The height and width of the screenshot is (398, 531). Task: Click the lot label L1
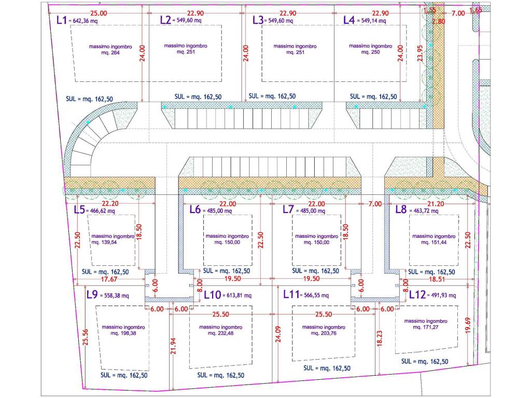[x=61, y=20]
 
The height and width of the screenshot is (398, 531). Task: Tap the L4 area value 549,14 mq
[x=373, y=21]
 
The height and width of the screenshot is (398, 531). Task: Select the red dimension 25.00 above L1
[x=99, y=13]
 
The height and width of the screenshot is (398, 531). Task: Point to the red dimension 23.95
[x=420, y=53]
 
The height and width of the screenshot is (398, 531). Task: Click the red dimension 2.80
[x=438, y=21]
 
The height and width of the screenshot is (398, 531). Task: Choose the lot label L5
[x=79, y=209]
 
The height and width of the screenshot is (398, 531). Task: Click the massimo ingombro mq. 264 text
[x=110, y=49]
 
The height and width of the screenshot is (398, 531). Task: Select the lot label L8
[x=401, y=209]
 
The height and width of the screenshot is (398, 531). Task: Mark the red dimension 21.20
[x=436, y=204]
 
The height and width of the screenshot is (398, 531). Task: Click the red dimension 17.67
[x=109, y=279]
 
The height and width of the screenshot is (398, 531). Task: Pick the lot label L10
[x=212, y=295]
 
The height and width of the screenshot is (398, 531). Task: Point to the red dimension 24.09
[x=278, y=334]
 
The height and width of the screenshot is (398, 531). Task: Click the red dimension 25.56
[x=86, y=337]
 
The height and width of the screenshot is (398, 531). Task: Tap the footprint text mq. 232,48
[x=220, y=333]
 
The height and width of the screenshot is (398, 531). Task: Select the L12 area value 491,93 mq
[x=444, y=295]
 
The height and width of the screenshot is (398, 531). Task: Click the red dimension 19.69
[x=468, y=325]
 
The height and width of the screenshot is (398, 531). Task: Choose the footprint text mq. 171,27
[x=426, y=328]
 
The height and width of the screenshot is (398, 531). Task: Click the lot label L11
[x=291, y=294]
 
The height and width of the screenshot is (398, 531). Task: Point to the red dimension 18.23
[x=379, y=338]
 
